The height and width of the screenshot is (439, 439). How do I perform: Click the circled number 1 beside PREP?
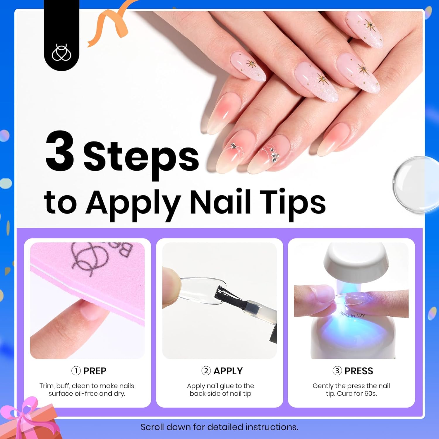(76, 371)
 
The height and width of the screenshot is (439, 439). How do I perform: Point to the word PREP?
(95, 371)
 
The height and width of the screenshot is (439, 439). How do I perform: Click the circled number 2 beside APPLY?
(206, 371)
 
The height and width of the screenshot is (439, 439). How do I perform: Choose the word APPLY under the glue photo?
(228, 371)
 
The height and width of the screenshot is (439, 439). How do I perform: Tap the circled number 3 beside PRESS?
(337, 371)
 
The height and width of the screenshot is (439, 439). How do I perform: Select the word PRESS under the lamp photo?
(359, 371)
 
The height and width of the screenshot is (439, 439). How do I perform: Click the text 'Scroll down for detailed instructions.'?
(219, 427)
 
